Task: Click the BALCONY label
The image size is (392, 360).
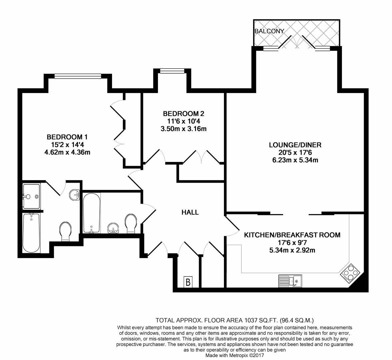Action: [x=269, y=31]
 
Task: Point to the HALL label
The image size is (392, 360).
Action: [x=190, y=212]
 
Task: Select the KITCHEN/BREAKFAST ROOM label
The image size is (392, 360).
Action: [x=292, y=235]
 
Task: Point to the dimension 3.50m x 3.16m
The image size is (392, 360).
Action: [x=184, y=128]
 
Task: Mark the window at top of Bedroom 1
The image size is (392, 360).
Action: [x=78, y=76]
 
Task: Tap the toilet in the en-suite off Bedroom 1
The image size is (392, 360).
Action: [x=66, y=231]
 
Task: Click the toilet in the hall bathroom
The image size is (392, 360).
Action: [x=131, y=223]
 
